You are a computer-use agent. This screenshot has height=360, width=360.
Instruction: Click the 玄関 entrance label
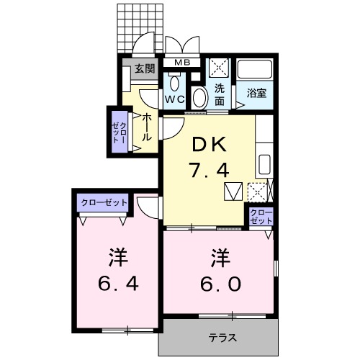(144, 69)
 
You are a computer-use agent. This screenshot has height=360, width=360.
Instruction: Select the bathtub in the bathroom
(256, 71)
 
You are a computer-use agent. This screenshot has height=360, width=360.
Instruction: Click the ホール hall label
(147, 127)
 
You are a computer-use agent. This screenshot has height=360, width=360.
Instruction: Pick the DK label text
(209, 145)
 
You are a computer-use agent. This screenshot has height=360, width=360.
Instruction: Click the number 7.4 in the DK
(209, 171)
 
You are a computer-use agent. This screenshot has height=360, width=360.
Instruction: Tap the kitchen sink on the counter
(264, 162)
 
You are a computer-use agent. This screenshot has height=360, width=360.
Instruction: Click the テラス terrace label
(223, 338)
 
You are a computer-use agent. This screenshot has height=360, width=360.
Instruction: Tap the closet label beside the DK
(259, 216)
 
